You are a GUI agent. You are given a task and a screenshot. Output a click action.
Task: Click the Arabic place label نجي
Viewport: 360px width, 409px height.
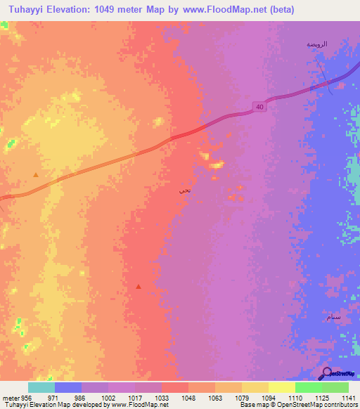[184, 189]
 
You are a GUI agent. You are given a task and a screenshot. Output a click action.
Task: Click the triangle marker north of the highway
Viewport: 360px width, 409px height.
[36, 174]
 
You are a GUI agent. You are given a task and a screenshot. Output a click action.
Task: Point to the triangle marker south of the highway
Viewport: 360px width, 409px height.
[139, 286]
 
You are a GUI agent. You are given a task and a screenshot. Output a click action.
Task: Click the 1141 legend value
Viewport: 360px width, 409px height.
[349, 398]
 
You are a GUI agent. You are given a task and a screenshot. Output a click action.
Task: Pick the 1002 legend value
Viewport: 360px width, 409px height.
[108, 398]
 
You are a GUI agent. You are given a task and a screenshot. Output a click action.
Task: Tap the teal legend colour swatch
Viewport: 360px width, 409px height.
[41, 387]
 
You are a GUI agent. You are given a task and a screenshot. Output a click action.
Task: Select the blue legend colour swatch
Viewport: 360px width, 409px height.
[67, 387]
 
